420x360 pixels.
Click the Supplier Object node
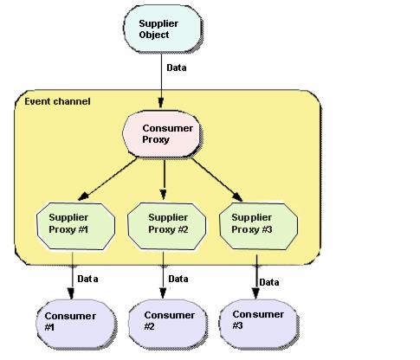point(162,29)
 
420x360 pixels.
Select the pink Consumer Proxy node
point(161,134)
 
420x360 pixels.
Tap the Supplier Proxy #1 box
point(75,226)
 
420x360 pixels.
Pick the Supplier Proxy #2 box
point(166,226)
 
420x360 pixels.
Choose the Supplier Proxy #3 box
point(258,227)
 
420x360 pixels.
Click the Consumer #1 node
point(75,324)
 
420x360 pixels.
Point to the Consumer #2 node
point(167,324)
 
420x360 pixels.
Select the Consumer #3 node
point(258,324)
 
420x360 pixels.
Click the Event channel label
point(57,101)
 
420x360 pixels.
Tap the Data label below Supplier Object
point(177,67)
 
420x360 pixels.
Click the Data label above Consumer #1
point(87,279)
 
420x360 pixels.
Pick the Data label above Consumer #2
point(178,279)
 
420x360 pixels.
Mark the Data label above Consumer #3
point(269,282)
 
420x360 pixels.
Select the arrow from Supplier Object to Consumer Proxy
point(161,80)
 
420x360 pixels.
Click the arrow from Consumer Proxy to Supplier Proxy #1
point(107,179)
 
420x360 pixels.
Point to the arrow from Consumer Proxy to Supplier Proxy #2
point(164,179)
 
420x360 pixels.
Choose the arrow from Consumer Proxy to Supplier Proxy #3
point(217,179)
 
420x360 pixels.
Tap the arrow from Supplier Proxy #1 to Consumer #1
point(72,275)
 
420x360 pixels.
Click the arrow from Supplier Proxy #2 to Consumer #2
point(163,275)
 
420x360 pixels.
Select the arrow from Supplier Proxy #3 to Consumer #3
point(256,277)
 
